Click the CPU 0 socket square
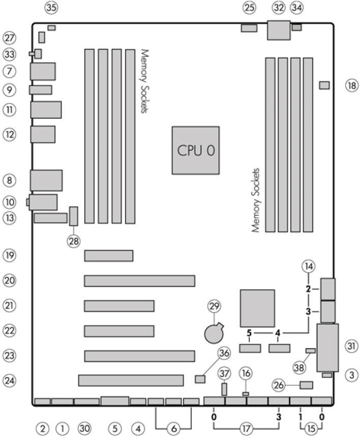[x=195, y=150]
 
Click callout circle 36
[x=224, y=353]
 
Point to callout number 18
[x=351, y=85]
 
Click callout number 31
[x=351, y=346]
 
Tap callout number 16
[x=246, y=374]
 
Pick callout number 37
[x=224, y=374]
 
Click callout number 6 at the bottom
[x=173, y=428]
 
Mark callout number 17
[x=246, y=428]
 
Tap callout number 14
[x=308, y=266]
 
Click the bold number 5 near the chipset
[x=249, y=333]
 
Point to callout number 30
[x=84, y=428]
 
